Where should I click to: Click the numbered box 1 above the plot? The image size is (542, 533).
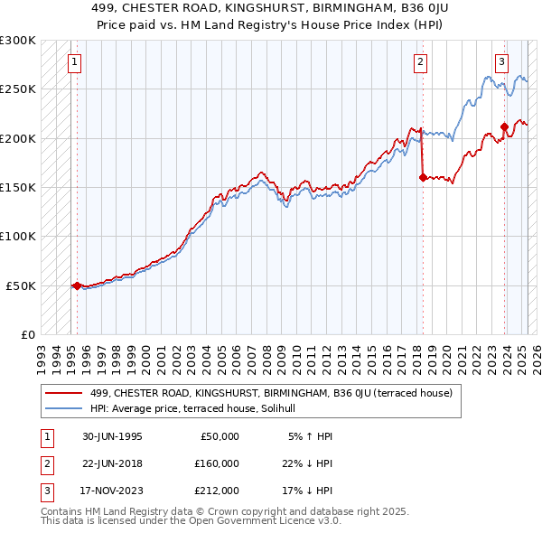(x=73, y=62)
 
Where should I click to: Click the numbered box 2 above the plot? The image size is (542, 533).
(x=420, y=62)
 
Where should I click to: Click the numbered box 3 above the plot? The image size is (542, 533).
(x=501, y=62)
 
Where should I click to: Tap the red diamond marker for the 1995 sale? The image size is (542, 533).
(x=77, y=285)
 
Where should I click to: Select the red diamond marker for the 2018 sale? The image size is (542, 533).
(x=423, y=178)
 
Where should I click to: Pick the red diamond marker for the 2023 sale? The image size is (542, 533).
(x=504, y=126)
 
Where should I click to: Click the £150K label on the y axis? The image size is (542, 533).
(x=18, y=188)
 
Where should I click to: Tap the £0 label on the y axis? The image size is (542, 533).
(x=26, y=334)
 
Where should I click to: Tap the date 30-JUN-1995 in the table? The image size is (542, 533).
(x=110, y=436)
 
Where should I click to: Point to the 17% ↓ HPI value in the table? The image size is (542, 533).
(x=307, y=491)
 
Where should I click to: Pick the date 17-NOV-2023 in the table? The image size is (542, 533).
(x=110, y=491)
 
